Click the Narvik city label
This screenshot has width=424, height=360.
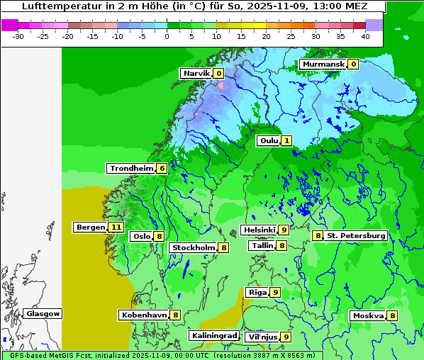tap(196, 73)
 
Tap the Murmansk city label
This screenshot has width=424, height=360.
tap(323, 64)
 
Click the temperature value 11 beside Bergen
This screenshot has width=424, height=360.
tap(116, 227)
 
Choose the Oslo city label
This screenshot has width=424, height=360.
tap(142, 237)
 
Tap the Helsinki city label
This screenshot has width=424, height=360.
tap(259, 230)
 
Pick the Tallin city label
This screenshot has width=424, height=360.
tap(262, 245)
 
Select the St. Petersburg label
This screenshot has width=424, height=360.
tap(356, 235)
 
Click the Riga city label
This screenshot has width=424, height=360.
tap(257, 292)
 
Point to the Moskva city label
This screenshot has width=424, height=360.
tap(368, 315)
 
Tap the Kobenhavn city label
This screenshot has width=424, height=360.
tap(144, 315)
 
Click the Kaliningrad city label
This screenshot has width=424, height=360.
tap(213, 335)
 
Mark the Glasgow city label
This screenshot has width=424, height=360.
tap(43, 313)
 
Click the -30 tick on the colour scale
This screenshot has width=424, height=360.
tap(18, 35)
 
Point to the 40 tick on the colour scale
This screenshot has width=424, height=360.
tap(365, 35)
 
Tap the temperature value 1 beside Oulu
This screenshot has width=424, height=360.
tap(286, 141)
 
